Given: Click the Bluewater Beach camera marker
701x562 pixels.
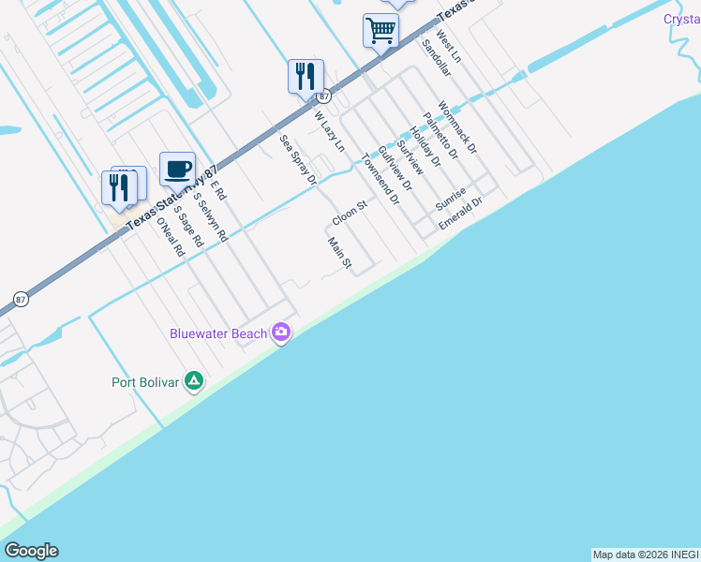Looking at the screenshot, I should point(280,333).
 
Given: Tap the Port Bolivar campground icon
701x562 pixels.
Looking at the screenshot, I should point(194,381).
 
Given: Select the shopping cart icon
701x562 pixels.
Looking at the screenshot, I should point(380,30).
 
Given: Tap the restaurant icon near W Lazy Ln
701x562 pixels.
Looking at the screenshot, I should point(306,76).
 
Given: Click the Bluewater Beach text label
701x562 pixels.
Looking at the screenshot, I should point(218,333).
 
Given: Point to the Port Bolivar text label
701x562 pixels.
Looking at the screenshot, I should point(145,382).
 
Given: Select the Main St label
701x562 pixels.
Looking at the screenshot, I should point(338,254).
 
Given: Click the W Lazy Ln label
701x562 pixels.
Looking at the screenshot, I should point(329,132).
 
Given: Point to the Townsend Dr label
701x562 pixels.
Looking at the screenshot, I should point(380,174).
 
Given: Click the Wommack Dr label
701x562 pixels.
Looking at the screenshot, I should point(457,127).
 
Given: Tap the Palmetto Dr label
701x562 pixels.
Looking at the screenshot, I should point(440,135).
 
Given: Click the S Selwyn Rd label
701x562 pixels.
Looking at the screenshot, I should point(210,217).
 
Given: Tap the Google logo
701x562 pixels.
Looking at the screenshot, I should point(31,551).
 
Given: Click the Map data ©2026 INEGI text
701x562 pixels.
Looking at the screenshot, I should point(646,555).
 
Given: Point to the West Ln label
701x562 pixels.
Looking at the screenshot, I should point(449,51).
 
